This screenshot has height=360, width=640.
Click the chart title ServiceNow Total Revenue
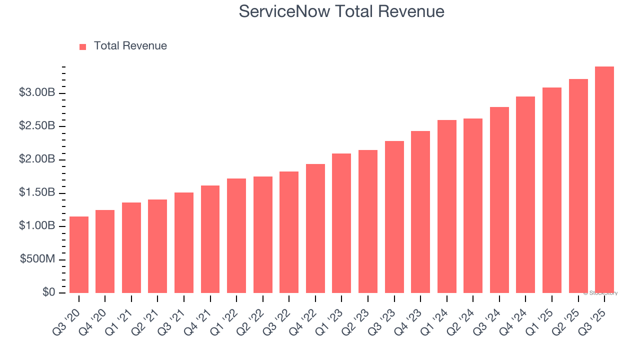pyautogui.click(x=341, y=11)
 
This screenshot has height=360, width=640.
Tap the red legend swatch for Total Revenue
pyautogui.click(x=83, y=46)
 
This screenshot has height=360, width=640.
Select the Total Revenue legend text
pyautogui.click(x=130, y=46)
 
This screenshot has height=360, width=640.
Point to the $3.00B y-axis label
pyautogui.click(x=36, y=92)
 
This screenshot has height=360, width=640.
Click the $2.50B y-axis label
pyautogui.click(x=36, y=125)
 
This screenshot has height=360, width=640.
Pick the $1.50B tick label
pyautogui.click(x=36, y=192)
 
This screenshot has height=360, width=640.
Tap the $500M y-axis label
pyautogui.click(x=37, y=259)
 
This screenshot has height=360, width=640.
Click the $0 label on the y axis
pyautogui.click(x=48, y=292)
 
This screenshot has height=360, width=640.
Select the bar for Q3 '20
pyautogui.click(x=79, y=255)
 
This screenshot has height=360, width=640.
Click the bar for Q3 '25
pyautogui.click(x=604, y=180)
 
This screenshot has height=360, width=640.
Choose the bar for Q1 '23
pyautogui.click(x=341, y=223)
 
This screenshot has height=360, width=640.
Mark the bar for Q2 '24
pyautogui.click(x=473, y=205)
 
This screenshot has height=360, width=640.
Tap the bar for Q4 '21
pyautogui.click(x=210, y=239)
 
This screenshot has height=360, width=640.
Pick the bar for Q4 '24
pyautogui.click(x=525, y=194)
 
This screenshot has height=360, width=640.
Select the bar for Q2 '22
pyautogui.click(x=262, y=234)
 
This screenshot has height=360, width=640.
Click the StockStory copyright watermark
pyautogui.click(x=600, y=293)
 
